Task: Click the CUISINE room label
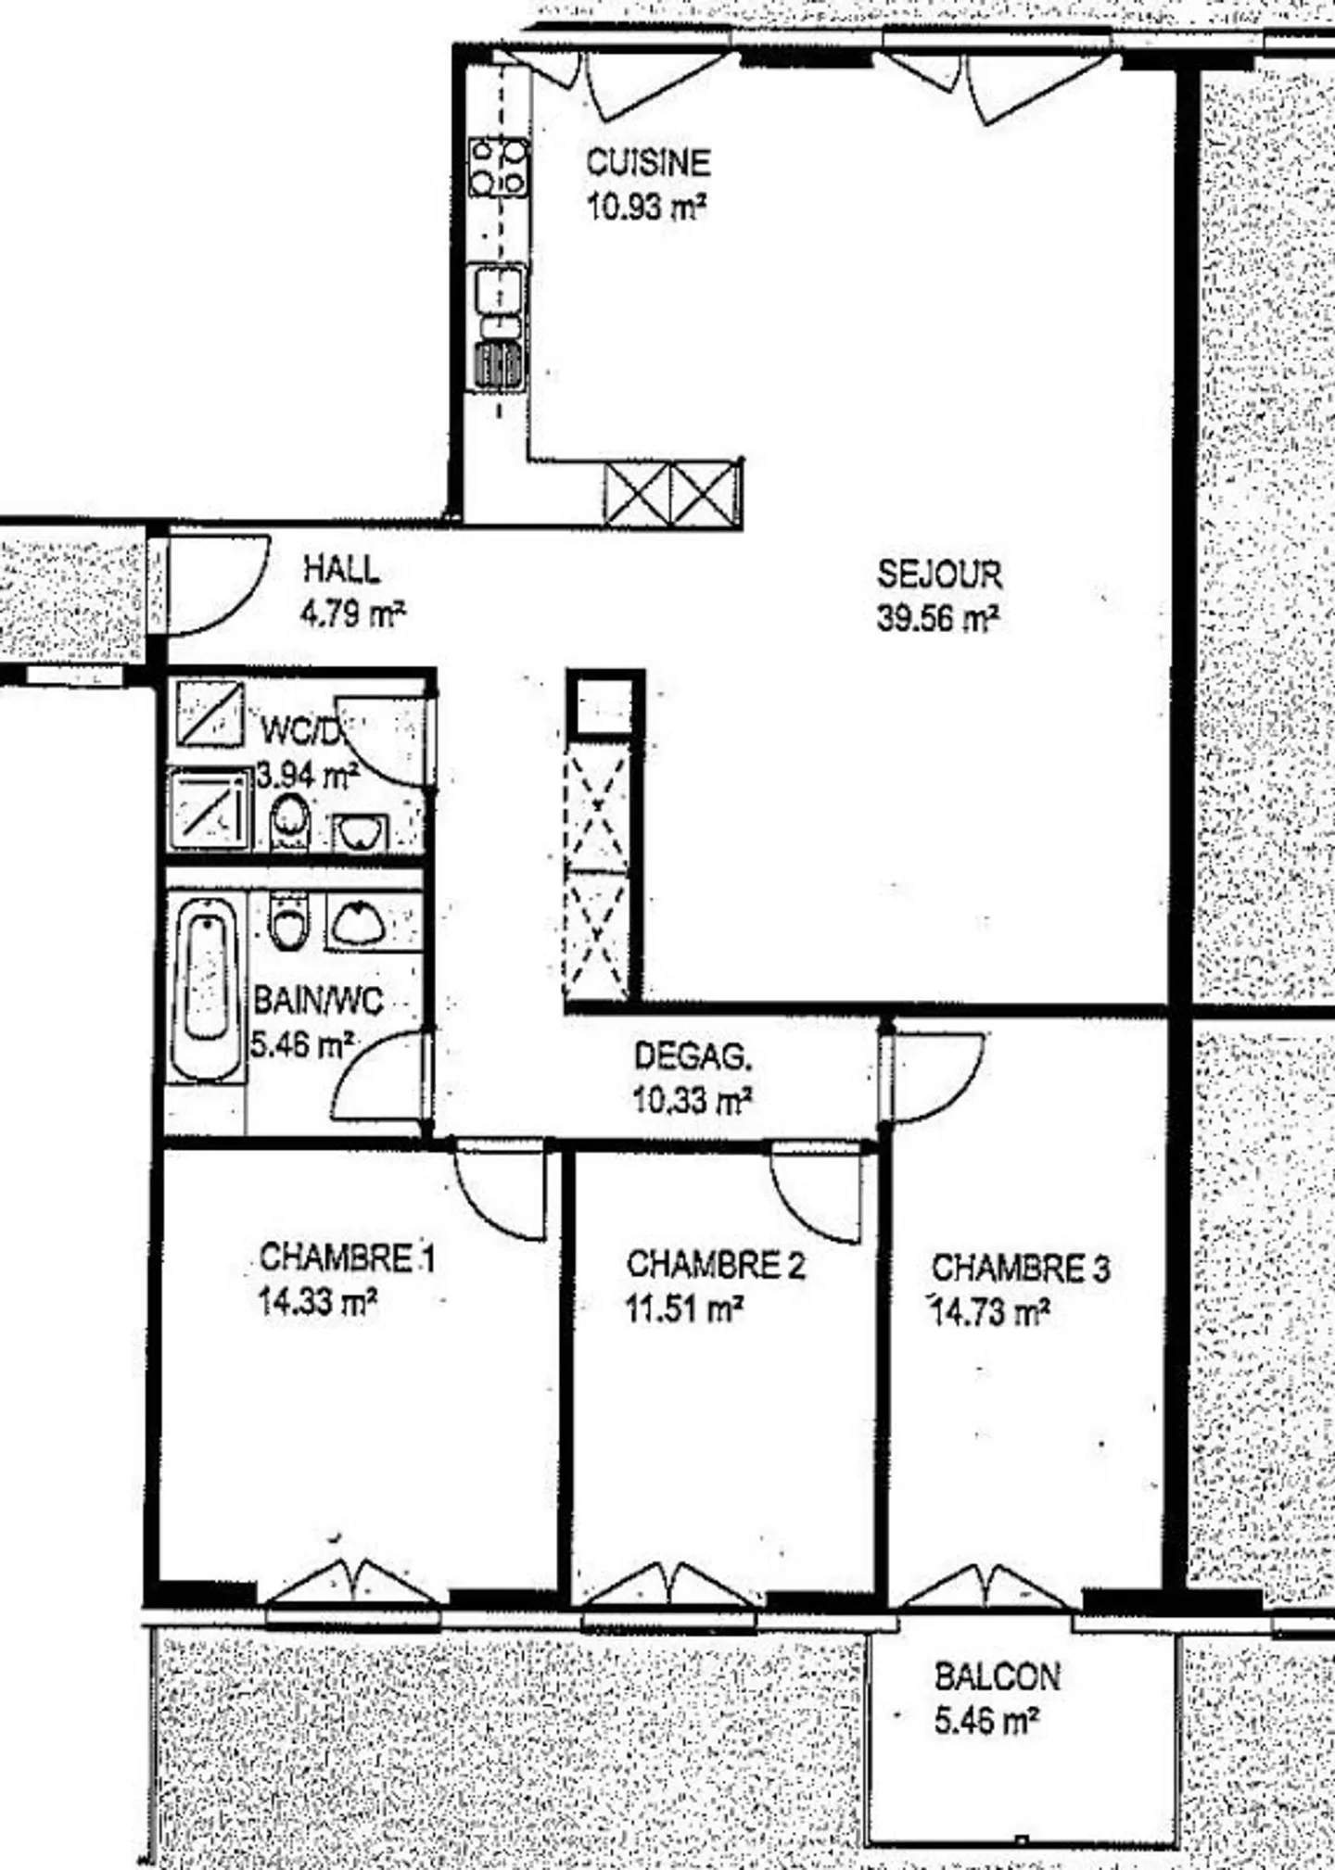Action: point(648,162)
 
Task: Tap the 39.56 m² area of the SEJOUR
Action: point(937,618)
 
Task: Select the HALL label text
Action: point(341,569)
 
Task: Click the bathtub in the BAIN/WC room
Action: point(207,986)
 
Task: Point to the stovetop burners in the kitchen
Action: point(498,168)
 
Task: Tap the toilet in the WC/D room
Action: point(289,821)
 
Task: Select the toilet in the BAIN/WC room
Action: point(288,920)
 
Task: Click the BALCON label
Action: point(997,1676)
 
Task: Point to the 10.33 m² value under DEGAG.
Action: point(692,1100)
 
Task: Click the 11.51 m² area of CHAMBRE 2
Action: point(684,1308)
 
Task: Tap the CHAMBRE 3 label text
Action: point(1021,1268)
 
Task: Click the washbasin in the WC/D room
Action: point(361,833)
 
